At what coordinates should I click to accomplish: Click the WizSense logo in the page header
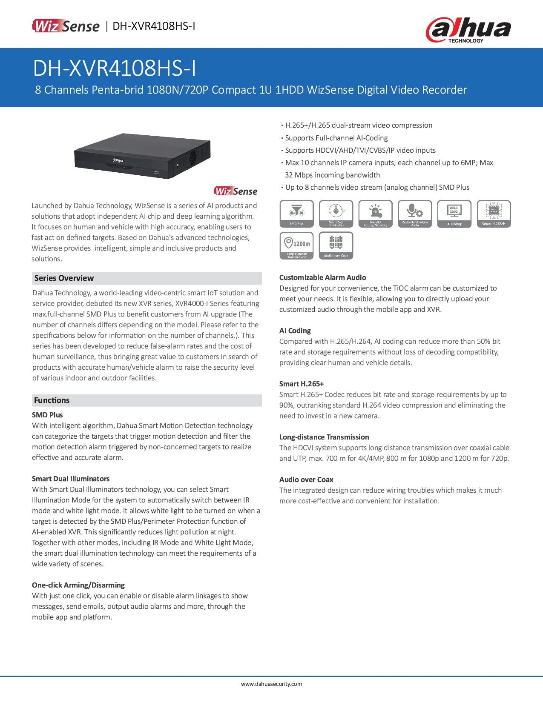click(65, 26)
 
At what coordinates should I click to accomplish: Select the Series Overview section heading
click(64, 278)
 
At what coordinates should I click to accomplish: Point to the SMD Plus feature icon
click(297, 214)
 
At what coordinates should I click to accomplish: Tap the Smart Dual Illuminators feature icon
click(336, 214)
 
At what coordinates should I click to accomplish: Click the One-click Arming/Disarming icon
click(375, 214)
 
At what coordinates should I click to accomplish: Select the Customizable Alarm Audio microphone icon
click(415, 214)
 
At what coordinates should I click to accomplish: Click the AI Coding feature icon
click(454, 214)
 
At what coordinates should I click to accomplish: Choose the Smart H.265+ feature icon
click(494, 214)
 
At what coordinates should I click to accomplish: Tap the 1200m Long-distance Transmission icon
click(297, 245)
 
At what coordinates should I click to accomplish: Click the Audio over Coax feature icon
click(336, 245)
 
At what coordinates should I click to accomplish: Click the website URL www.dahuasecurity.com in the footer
click(272, 684)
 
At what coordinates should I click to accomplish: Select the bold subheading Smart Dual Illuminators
click(71, 479)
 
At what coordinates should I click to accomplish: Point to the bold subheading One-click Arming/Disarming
click(78, 585)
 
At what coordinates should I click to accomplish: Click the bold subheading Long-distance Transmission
click(324, 437)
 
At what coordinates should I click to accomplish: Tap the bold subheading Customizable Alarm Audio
click(322, 277)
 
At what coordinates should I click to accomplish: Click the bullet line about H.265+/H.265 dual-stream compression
click(359, 125)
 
